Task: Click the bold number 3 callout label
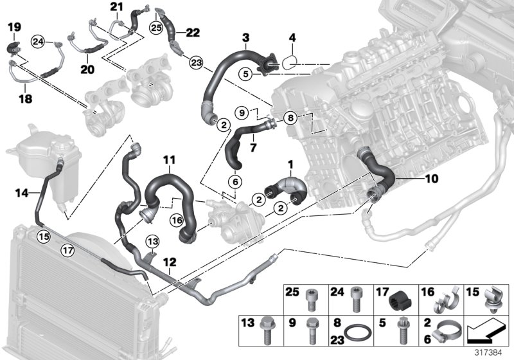[245, 38]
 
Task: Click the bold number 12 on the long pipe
[169, 262]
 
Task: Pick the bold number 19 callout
[14, 26]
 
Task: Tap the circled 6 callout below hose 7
[235, 182]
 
